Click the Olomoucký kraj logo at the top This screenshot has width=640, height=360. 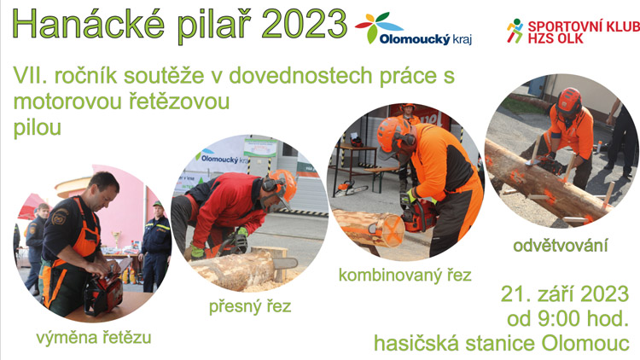pos(414,30)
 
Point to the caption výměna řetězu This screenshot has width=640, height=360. pos(93,337)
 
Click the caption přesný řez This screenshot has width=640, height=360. pos(250,306)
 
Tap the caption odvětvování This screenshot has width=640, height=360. pos(561,247)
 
